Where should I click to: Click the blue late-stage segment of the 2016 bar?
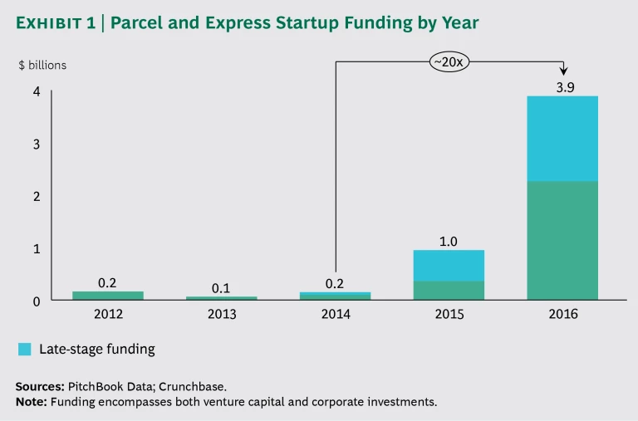(x=562, y=138)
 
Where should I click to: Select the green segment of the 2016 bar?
(x=562, y=240)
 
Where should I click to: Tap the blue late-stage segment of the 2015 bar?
(x=449, y=265)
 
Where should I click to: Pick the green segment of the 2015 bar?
(x=449, y=290)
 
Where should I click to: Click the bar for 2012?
(x=108, y=295)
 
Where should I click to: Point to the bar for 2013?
(x=222, y=297)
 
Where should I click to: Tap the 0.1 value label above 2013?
(x=221, y=287)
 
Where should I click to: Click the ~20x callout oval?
(x=449, y=61)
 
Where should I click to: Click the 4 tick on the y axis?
(x=37, y=92)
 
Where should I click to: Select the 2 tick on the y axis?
(x=37, y=196)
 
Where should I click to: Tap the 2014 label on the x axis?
(x=336, y=315)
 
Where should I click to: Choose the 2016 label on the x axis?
(x=562, y=315)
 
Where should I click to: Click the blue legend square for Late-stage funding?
(x=24, y=350)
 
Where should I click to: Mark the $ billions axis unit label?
(x=42, y=65)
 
